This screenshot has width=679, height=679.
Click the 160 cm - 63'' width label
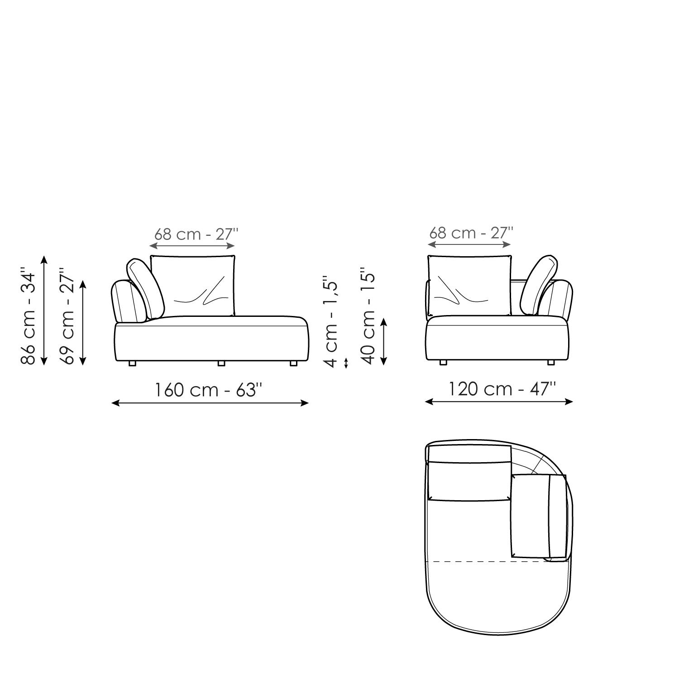coord(209,389)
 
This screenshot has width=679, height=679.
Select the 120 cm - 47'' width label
coord(502,388)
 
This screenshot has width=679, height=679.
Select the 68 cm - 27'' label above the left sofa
coord(196,234)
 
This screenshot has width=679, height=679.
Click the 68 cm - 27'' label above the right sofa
coord(471,233)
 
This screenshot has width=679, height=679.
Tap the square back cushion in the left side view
coord(193,285)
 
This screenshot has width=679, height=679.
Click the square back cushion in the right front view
coord(470,285)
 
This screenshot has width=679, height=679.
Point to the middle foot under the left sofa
coord(221,363)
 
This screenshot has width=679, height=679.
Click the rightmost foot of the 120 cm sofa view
coord(551,362)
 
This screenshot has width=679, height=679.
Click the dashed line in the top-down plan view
coord(489,562)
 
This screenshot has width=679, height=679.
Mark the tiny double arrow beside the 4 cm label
coord(346,363)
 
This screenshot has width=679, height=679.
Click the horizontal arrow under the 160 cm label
coord(210,403)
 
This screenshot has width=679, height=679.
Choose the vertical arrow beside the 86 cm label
coord(44,310)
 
